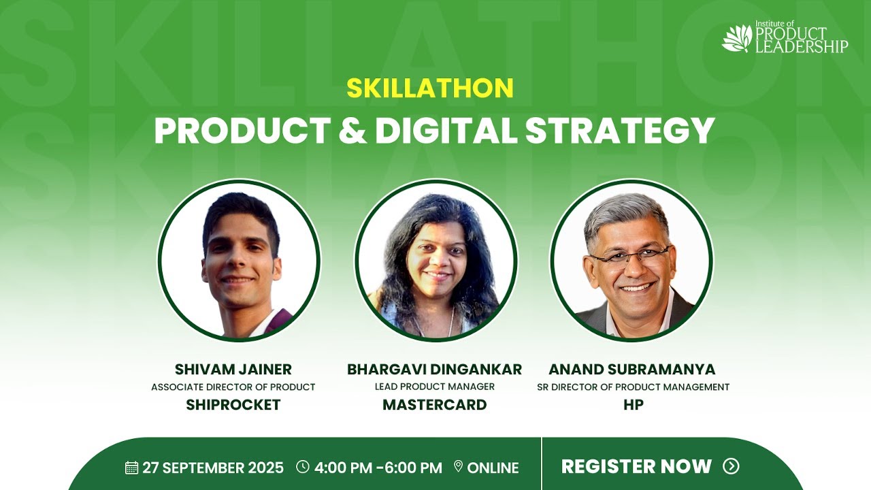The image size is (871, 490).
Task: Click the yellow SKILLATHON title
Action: (429, 88)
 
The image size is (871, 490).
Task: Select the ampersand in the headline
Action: (352, 131)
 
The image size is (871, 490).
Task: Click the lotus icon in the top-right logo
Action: (736, 38)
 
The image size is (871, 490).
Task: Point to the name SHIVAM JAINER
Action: (233, 370)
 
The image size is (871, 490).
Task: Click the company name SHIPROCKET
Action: (233, 405)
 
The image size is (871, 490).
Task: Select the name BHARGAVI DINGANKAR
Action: (434, 370)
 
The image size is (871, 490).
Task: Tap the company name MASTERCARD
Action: (434, 405)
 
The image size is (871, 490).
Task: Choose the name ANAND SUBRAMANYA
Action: (632, 370)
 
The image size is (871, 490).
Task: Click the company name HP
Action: (633, 405)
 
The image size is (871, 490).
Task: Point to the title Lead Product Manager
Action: (434, 387)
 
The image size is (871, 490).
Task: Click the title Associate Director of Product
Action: (233, 387)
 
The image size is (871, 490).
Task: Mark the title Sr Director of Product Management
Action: (632, 387)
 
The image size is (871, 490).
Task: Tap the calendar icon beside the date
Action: (131, 468)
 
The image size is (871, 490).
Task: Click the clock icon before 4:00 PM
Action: (303, 467)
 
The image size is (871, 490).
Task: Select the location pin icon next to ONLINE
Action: (458, 467)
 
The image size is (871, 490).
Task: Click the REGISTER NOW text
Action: (636, 466)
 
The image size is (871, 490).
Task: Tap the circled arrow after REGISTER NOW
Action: (731, 466)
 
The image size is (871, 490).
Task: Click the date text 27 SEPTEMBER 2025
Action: (212, 468)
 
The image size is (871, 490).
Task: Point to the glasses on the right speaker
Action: (629, 257)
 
